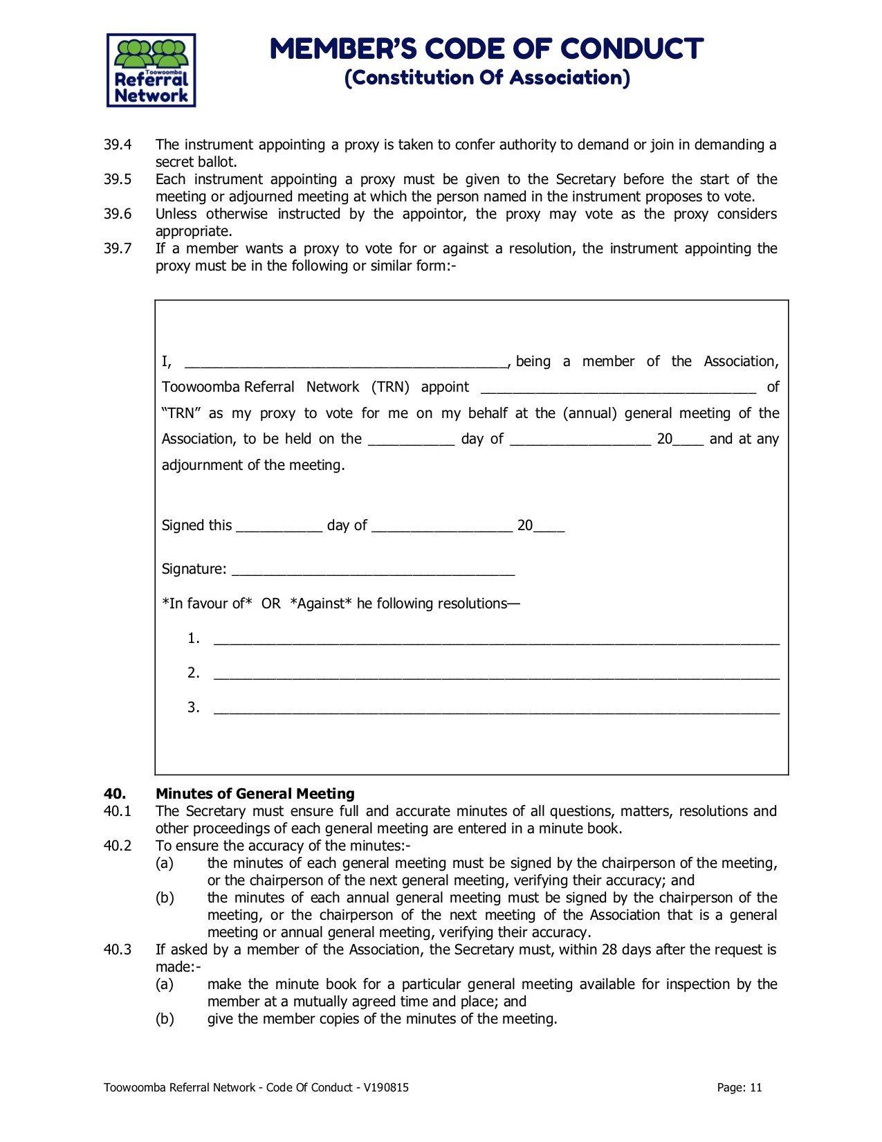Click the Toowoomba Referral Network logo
(151, 71)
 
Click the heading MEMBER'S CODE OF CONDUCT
(486, 49)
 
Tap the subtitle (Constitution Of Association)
(487, 78)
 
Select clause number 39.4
(118, 145)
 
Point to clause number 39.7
(118, 248)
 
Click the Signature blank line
(373, 572)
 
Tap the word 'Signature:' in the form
(194, 569)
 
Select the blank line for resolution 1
(496, 641)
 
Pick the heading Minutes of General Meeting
(255, 794)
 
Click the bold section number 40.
(114, 794)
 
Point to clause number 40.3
(118, 950)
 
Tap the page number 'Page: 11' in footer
(739, 1087)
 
